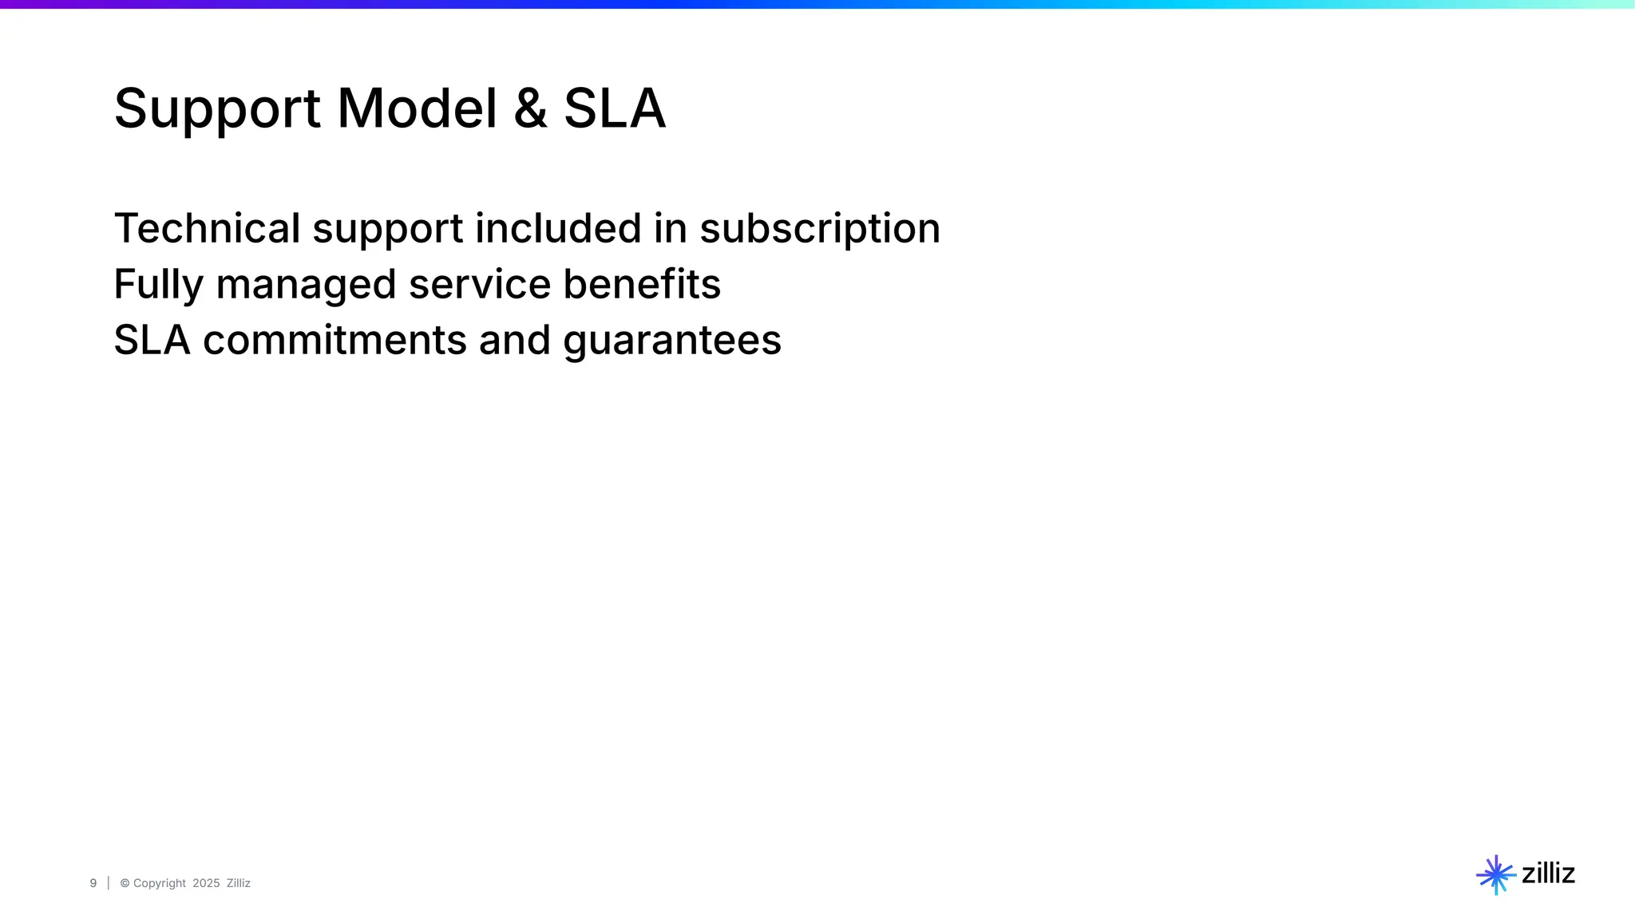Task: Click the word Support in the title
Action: click(216, 109)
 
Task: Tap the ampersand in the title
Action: click(531, 108)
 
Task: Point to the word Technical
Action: click(207, 228)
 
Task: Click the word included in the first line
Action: click(558, 228)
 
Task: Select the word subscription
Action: click(820, 230)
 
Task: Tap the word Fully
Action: click(159, 285)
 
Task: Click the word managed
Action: click(306, 286)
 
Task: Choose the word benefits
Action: click(642, 284)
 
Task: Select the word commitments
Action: click(335, 340)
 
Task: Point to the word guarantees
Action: click(672, 341)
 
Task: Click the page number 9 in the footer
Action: click(93, 883)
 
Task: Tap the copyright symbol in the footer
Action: click(125, 883)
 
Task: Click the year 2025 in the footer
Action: click(206, 883)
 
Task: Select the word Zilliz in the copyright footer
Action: click(239, 883)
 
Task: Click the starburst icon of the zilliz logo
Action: click(1495, 875)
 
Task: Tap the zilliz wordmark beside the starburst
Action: click(1548, 874)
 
